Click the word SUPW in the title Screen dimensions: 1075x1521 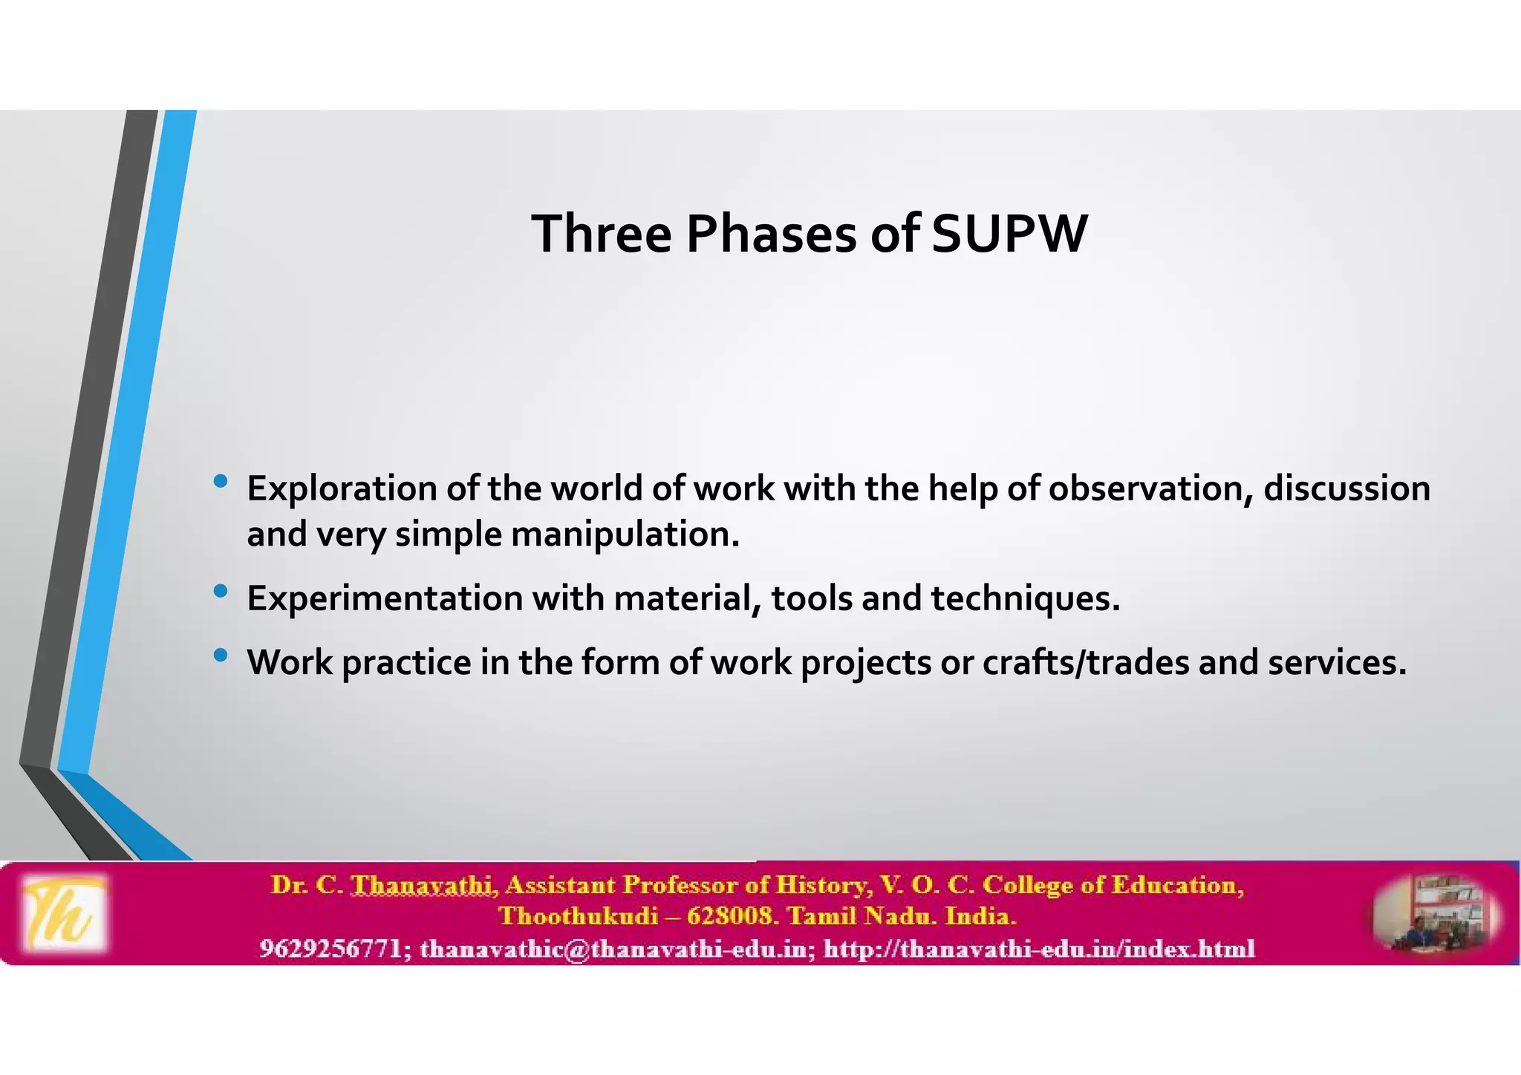pyautogui.click(x=1009, y=235)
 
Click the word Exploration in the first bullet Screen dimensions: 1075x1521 pyautogui.click(x=342, y=489)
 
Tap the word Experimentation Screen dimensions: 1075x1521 pyautogui.click(x=385, y=598)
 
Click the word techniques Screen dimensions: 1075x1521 pyautogui.click(x=1025, y=598)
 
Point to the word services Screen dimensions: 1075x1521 pyautogui.click(x=1337, y=662)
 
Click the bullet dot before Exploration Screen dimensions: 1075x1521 pyautogui.click(x=220, y=481)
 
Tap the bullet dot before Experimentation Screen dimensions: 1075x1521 pyautogui.click(x=220, y=591)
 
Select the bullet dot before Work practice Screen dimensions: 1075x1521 pyautogui.click(x=220, y=655)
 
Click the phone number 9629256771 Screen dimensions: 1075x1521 pyautogui.click(x=330, y=949)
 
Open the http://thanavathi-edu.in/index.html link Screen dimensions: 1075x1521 pyautogui.click(x=1039, y=949)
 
